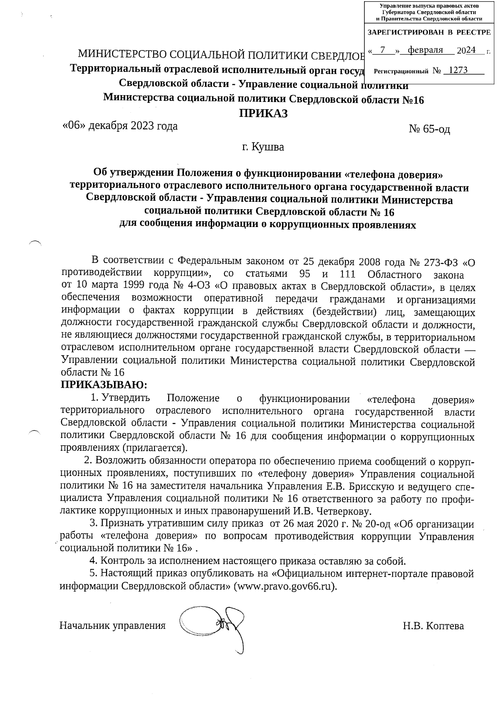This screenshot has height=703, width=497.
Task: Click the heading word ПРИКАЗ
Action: coord(263,113)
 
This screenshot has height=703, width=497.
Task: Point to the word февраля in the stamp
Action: coord(425,50)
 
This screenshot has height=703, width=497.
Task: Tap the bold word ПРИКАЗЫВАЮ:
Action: coord(104,384)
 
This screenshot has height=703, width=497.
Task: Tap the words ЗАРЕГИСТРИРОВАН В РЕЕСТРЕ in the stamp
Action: coord(429,32)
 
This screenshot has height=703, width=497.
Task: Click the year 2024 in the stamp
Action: coord(466,51)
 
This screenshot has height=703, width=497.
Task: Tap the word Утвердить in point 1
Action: coord(126,399)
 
